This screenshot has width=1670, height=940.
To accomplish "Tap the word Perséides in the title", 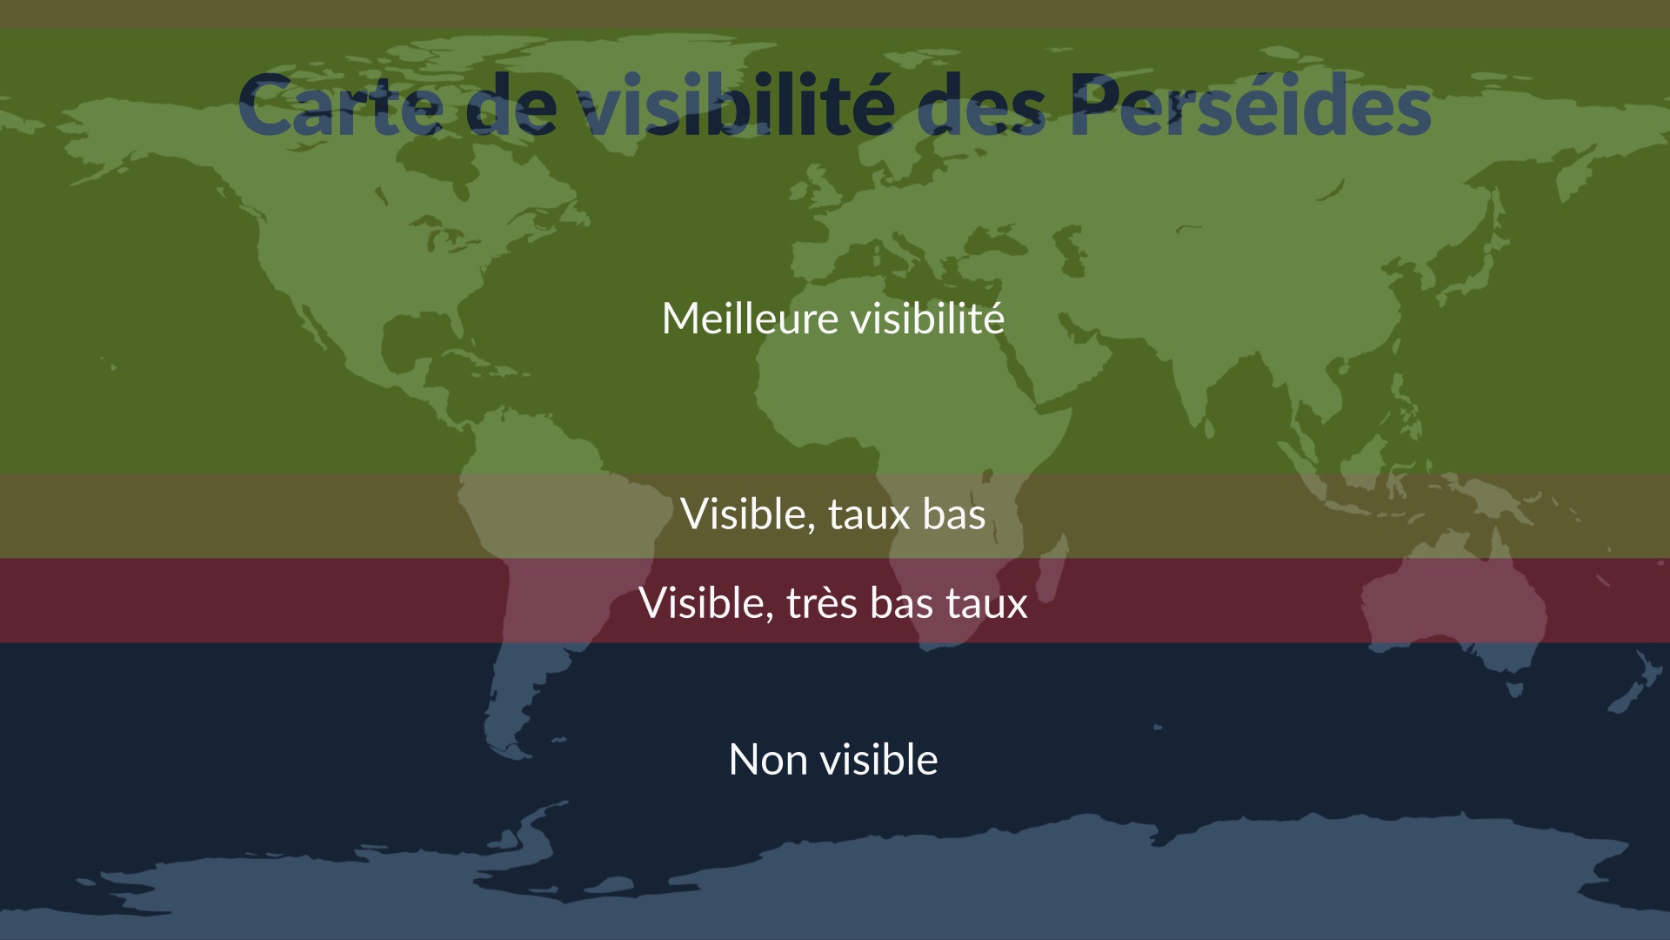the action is click(x=1251, y=104).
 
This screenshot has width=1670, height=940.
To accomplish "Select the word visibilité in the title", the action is click(x=737, y=104).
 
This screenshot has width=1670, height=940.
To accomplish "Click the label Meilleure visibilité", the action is click(x=833, y=318).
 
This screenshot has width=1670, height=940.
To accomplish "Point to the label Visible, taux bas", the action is click(x=833, y=514).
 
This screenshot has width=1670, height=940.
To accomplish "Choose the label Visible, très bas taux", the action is click(x=833, y=602).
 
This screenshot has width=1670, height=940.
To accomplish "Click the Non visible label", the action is click(x=833, y=759).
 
